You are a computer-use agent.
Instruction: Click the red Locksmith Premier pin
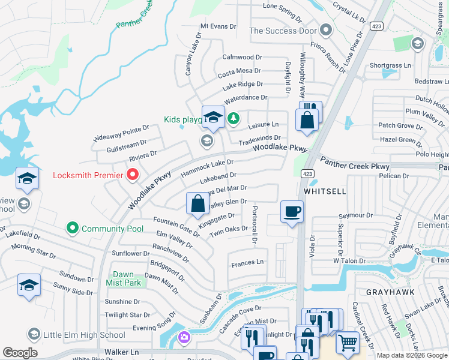click(133, 175)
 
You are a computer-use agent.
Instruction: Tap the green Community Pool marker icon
click(73, 228)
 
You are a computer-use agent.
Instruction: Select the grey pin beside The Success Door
click(326, 29)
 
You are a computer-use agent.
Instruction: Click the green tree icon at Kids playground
click(233, 119)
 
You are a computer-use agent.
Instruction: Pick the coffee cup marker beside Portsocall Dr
click(292, 212)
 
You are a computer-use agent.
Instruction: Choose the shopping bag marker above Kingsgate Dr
click(197, 204)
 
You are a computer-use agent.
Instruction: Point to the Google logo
click(20, 353)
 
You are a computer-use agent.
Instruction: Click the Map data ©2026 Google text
click(412, 355)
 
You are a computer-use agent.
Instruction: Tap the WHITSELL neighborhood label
click(325, 190)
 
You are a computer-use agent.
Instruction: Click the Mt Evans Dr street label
click(218, 26)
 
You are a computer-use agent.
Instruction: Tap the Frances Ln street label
click(247, 262)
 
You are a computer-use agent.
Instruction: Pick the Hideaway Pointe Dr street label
click(121, 134)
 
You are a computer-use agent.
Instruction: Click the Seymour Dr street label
click(352, 215)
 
